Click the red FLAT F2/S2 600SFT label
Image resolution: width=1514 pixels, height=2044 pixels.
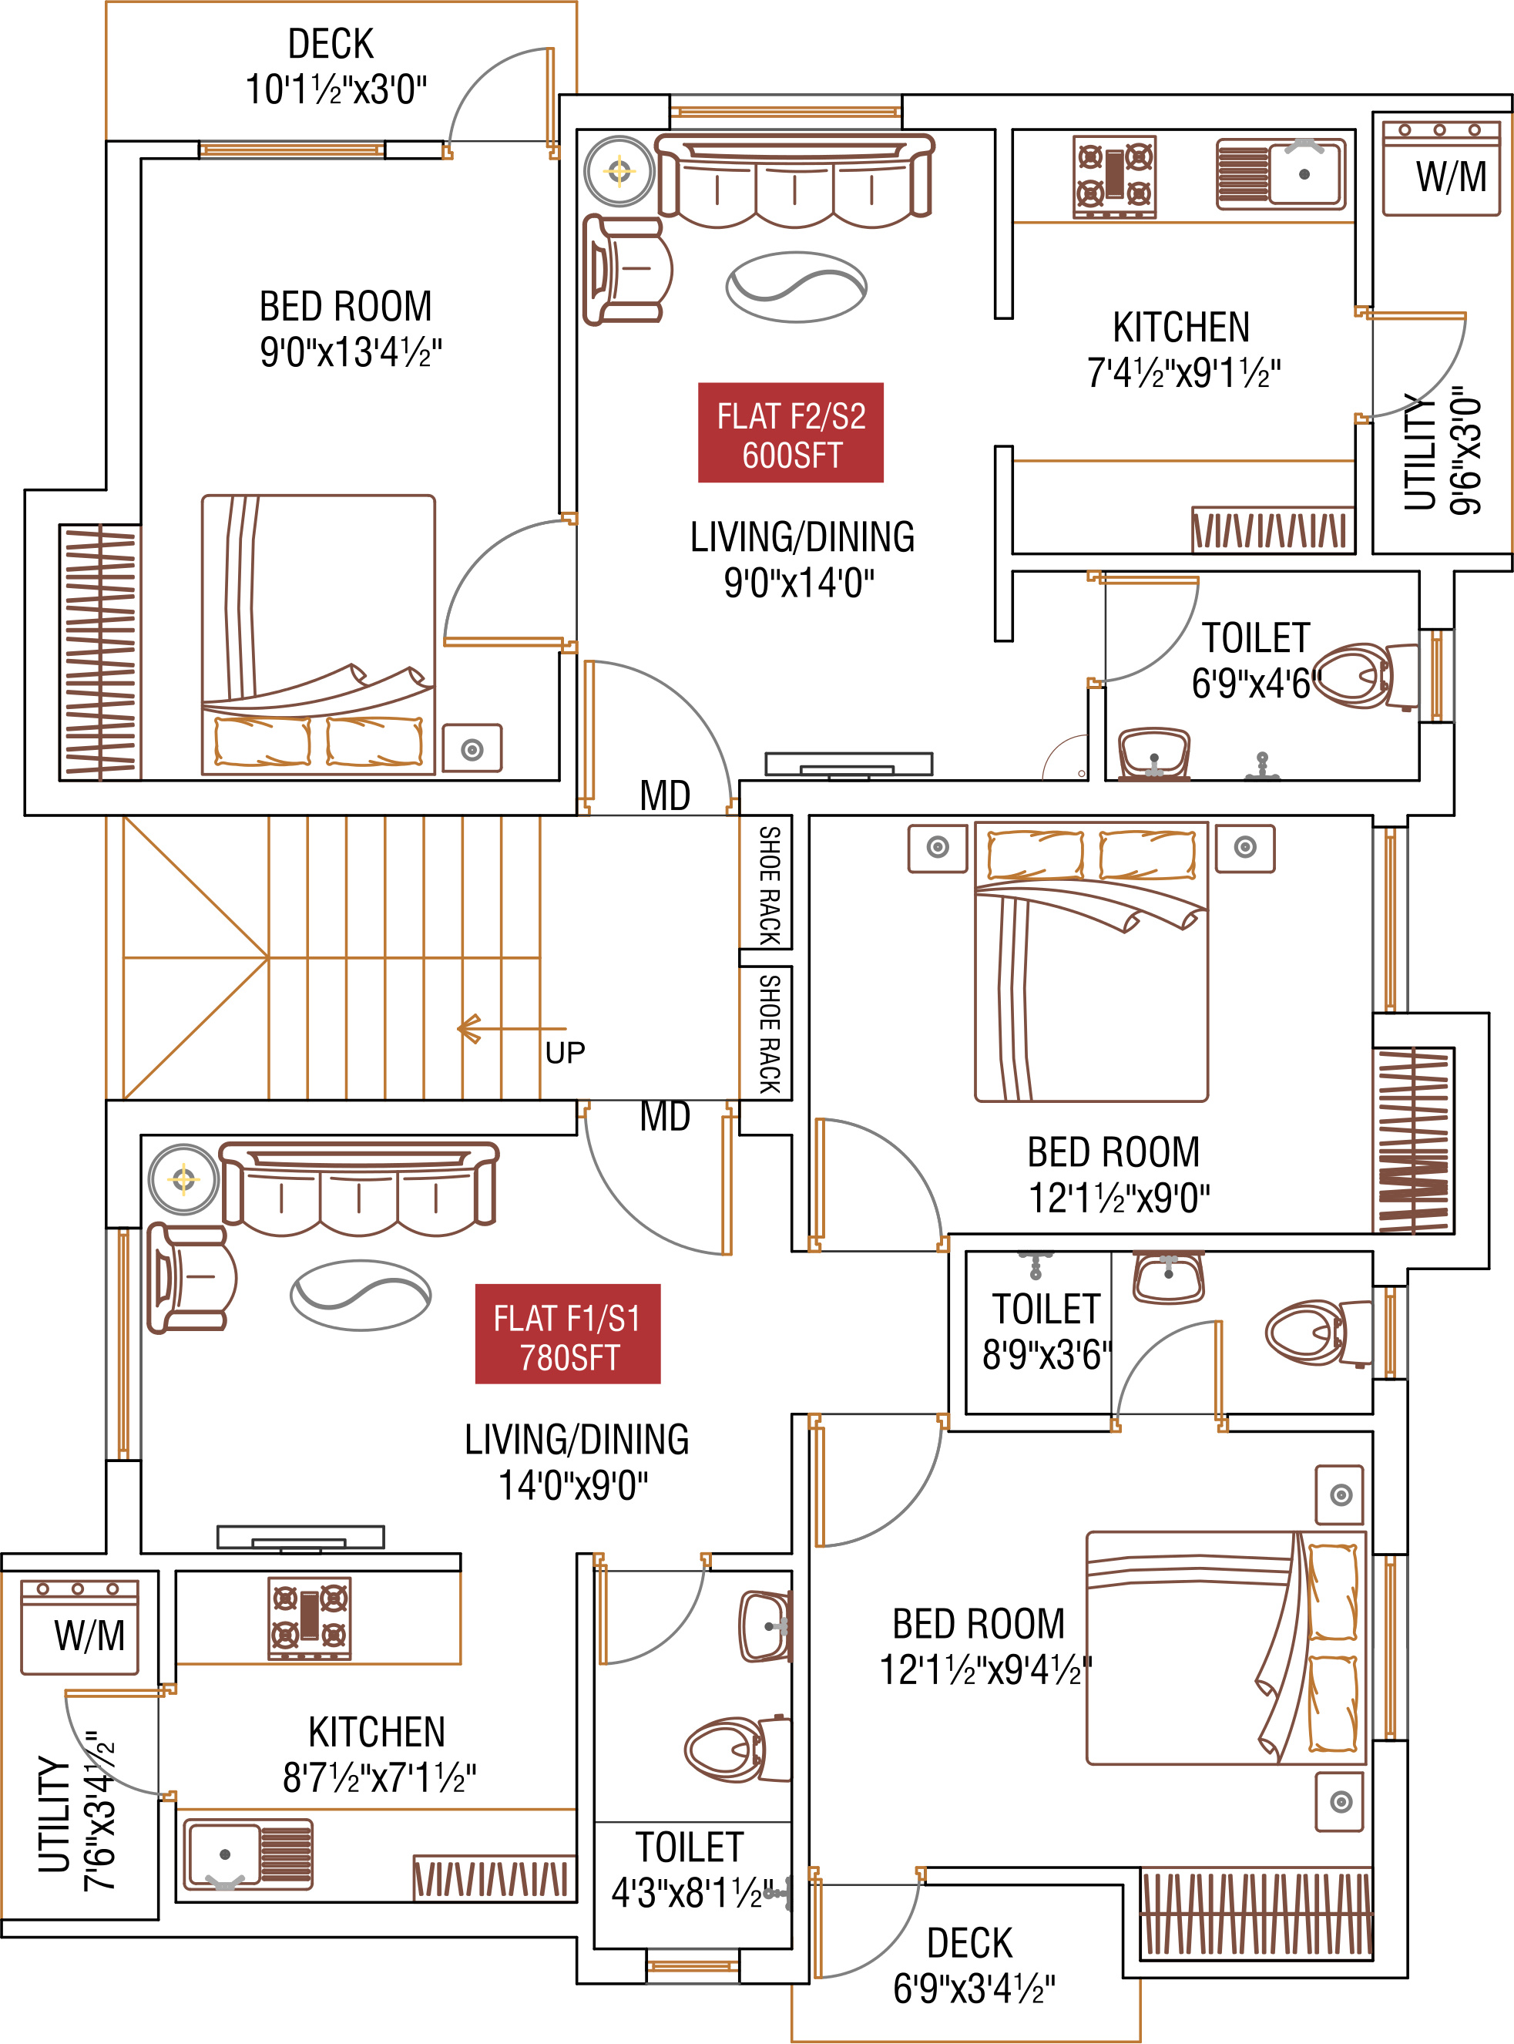(x=790, y=432)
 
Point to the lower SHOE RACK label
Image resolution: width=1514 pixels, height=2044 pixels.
(x=768, y=1033)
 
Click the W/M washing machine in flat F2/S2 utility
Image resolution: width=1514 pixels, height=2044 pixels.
(x=1441, y=168)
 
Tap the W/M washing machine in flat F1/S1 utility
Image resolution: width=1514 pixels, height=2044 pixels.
(x=79, y=1627)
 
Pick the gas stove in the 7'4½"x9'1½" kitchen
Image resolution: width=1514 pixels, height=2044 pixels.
(x=1114, y=176)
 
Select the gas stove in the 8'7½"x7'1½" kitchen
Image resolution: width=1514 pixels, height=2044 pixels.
(x=310, y=1618)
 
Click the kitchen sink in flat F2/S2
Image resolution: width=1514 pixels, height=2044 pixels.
(x=1281, y=173)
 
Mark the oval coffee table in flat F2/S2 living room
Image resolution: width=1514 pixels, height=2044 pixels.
(x=795, y=287)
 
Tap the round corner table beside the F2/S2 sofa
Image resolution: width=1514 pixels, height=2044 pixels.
(x=619, y=170)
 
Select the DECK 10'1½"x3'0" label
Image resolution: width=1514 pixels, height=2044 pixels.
(x=334, y=67)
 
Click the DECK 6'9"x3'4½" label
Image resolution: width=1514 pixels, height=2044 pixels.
(x=972, y=1965)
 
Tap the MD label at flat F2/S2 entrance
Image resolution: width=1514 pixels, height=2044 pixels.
(x=664, y=795)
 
